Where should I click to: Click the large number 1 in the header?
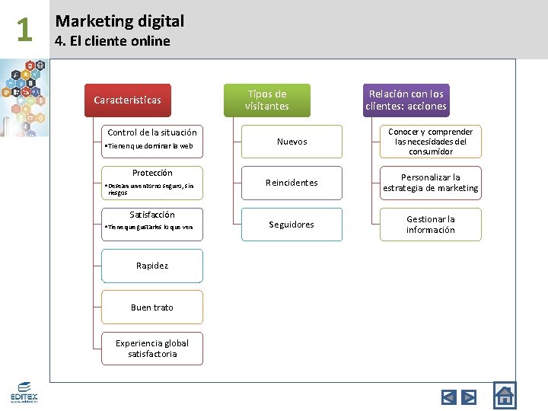pos(24,30)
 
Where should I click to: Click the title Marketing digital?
pos(119,21)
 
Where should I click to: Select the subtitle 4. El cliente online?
pos(113,41)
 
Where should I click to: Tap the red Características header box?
pos(127,100)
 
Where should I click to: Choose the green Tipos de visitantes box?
pos(266,100)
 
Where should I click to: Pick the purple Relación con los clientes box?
pos(406,100)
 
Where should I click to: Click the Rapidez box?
pos(152,266)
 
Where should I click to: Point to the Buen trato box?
pos(152,307)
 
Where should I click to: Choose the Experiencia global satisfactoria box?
pos(152,349)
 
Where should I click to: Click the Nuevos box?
pos(292,142)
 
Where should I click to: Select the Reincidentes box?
pos(292,183)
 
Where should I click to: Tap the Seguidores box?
pos(292,225)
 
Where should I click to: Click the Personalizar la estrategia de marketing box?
pos(431,183)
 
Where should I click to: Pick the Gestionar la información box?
pos(431,225)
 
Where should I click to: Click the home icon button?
pos(504,395)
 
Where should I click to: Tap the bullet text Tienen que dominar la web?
pos(150,145)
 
